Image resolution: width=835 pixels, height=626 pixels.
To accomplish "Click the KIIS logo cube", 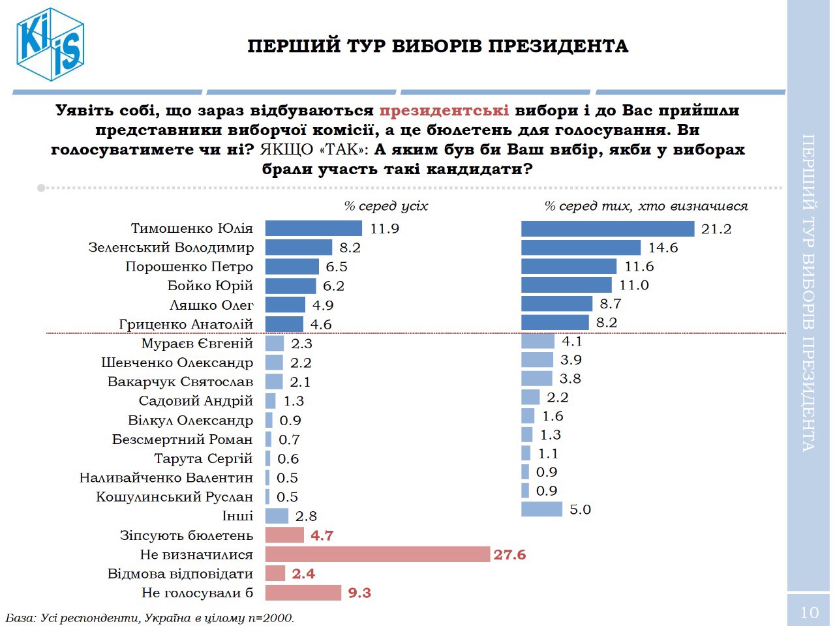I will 51,44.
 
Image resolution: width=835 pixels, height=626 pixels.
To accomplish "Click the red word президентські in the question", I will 444,110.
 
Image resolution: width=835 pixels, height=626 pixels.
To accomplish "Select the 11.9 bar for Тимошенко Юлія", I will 313,228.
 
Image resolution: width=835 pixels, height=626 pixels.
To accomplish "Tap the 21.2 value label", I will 716,229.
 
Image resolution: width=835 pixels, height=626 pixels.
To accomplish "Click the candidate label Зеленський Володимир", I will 171,248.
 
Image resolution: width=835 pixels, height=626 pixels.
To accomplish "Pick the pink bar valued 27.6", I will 377,554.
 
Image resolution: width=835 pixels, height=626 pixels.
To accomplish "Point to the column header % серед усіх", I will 386,206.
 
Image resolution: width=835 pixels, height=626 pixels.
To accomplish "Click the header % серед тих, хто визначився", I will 646,206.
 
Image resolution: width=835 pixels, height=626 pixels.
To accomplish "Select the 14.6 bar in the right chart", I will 581,248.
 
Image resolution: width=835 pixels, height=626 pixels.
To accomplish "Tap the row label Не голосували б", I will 197,593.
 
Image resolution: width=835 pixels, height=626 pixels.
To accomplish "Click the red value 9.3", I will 359,593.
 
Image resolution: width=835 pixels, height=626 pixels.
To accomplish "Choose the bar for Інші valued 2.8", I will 277,516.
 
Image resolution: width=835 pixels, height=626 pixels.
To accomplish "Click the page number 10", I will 809,612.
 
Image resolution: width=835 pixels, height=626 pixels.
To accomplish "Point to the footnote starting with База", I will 150,618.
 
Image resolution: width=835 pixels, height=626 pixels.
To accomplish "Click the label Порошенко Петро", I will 189,267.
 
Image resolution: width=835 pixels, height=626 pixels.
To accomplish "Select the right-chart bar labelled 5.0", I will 541,509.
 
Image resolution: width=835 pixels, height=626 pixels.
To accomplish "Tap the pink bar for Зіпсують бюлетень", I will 284,535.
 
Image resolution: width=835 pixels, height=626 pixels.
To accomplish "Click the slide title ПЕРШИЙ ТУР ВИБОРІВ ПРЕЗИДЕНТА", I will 438,46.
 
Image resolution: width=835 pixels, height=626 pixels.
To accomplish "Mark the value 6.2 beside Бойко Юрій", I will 333,286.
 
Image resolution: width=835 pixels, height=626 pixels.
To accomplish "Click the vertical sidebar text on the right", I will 808,293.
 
